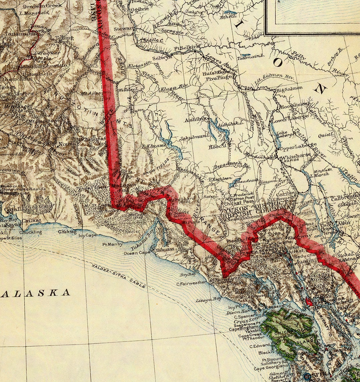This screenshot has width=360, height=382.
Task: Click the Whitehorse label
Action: pyautogui.click(x=296, y=155)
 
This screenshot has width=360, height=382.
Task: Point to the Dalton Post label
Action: pyautogui.click(x=242, y=198)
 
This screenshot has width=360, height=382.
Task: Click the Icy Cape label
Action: pyautogui.click(x=88, y=235)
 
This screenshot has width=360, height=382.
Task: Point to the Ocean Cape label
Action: pyautogui.click(x=135, y=253)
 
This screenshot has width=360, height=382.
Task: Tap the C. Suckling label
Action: pyautogui.click(x=31, y=232)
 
